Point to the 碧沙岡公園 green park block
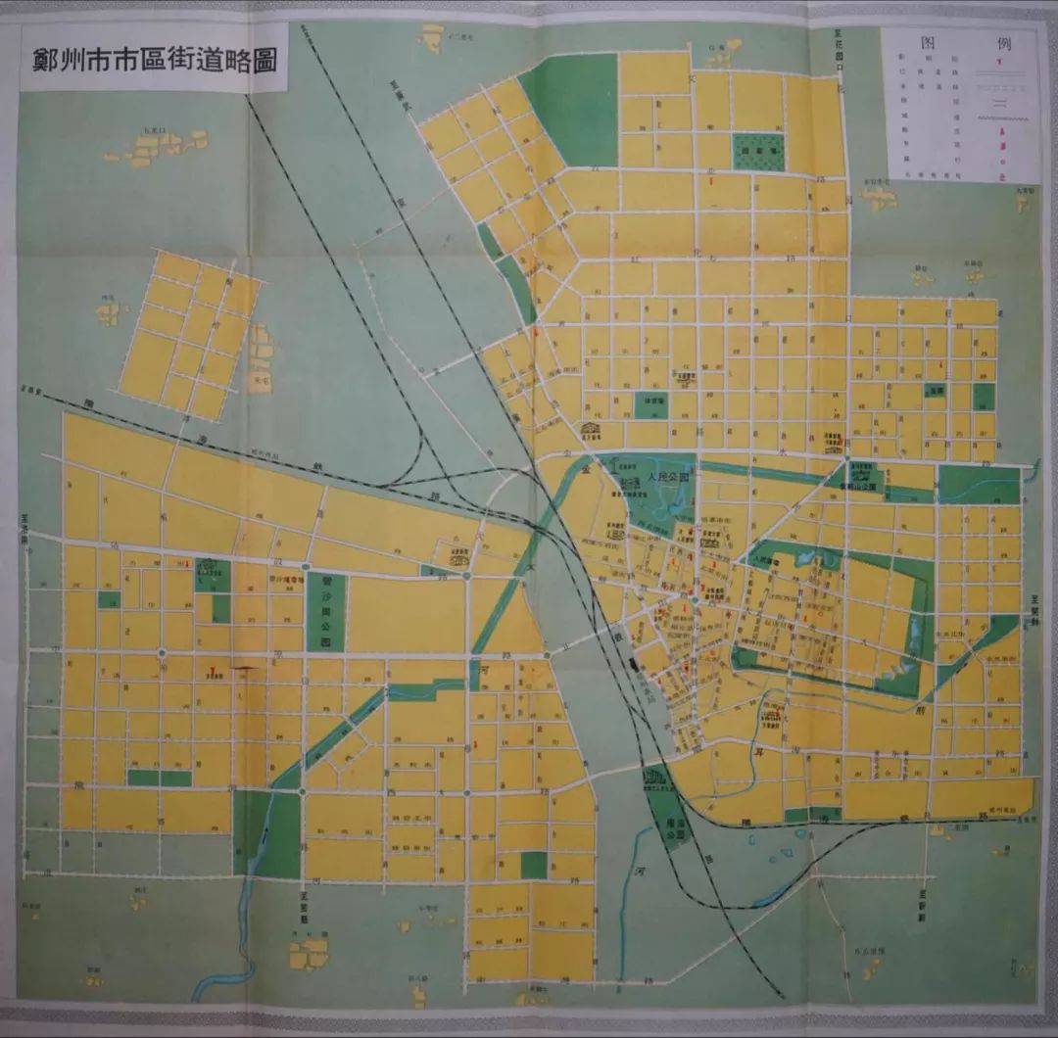[326, 611]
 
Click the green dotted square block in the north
[758, 152]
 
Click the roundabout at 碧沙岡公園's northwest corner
[307, 567]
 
